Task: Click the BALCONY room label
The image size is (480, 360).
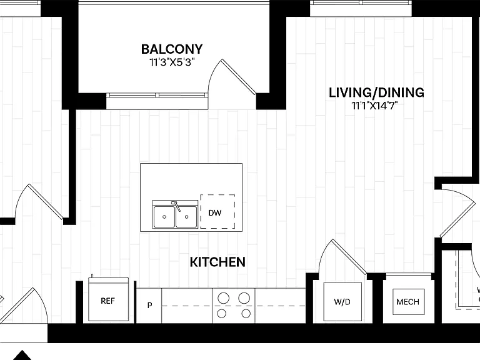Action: tap(172, 49)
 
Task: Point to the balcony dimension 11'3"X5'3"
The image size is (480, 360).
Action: tap(172, 62)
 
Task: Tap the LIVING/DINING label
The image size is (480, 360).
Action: tap(376, 92)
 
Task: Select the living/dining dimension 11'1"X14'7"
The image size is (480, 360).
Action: tap(374, 106)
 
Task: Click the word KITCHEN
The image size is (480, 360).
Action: tap(217, 262)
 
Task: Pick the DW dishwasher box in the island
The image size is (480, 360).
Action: tap(217, 211)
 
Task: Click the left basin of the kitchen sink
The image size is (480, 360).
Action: tap(164, 217)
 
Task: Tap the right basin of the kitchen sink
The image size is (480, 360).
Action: tap(186, 217)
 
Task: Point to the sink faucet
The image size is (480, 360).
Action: tap(176, 206)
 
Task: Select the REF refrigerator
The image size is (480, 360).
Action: tap(108, 299)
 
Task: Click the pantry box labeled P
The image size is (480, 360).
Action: tap(149, 306)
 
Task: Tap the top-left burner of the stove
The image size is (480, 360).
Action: tap(223, 298)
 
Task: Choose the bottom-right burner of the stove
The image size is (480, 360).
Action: tap(246, 314)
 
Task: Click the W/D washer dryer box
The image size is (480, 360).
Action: tap(342, 302)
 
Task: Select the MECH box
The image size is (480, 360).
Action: tap(408, 302)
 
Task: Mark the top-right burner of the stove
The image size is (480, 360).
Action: tap(244, 298)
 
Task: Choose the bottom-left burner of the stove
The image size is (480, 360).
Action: tap(222, 314)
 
